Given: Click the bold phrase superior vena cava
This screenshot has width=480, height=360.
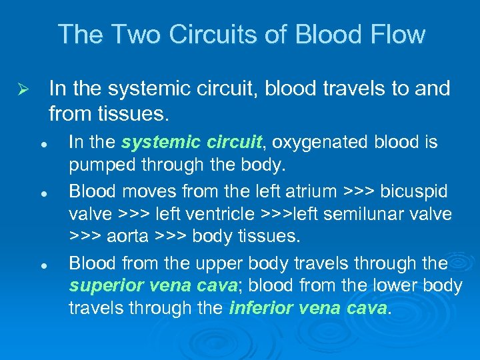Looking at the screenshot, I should [153, 285].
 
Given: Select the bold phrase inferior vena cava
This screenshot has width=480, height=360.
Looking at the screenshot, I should [307, 309].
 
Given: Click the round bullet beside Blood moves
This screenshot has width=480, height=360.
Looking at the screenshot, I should [42, 193].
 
